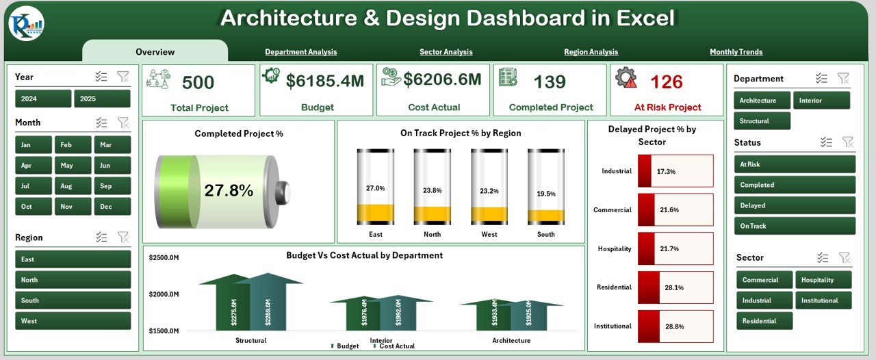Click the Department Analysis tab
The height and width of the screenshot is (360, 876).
tap(300, 52)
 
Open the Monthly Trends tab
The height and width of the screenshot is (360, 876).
tap(736, 52)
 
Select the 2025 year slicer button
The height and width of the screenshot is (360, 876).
tap(102, 99)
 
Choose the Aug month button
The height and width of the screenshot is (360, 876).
tap(66, 186)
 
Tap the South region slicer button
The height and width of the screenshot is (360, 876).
tap(73, 300)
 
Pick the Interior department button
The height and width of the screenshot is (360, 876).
tap(821, 101)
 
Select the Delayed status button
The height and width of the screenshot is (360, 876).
tap(794, 205)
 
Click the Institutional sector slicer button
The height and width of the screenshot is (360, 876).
tap(823, 300)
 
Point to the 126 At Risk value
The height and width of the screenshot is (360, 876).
tap(666, 82)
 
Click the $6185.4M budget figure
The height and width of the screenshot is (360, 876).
tap(325, 81)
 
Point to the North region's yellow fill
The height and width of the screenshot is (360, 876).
tap(432, 214)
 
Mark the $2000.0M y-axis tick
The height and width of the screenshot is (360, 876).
tap(165, 294)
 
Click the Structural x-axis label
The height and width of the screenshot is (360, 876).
tap(250, 340)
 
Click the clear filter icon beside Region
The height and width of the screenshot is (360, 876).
tap(123, 237)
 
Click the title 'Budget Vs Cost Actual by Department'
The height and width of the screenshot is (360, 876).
tap(364, 255)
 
